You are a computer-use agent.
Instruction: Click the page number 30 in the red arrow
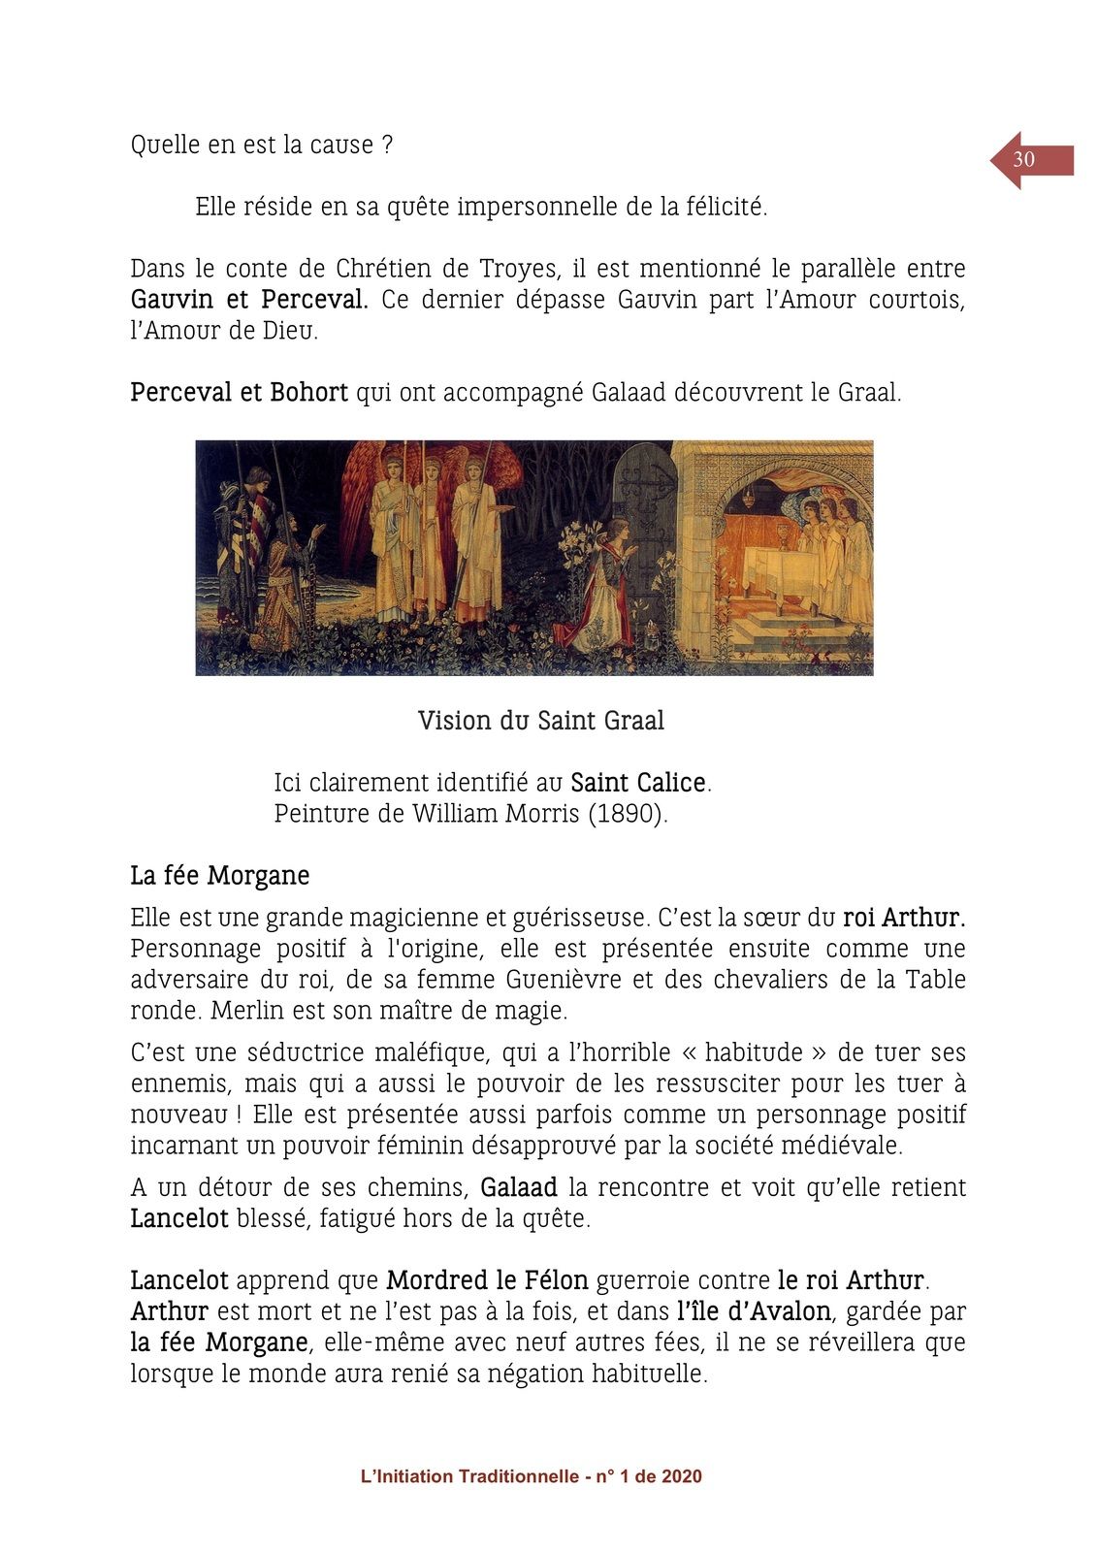(x=1023, y=160)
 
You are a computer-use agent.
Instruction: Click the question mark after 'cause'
(x=387, y=145)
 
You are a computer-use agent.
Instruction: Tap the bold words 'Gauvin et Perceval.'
(x=249, y=300)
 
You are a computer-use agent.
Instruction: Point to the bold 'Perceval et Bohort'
(x=239, y=393)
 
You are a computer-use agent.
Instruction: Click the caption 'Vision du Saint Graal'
(x=540, y=721)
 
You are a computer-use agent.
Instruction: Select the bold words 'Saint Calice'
(x=638, y=783)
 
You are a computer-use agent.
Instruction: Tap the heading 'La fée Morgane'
(x=220, y=876)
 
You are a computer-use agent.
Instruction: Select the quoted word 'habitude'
(x=754, y=1052)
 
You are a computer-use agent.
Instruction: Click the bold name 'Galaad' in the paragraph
(x=519, y=1187)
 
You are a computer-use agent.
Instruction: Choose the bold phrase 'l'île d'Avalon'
(x=754, y=1311)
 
